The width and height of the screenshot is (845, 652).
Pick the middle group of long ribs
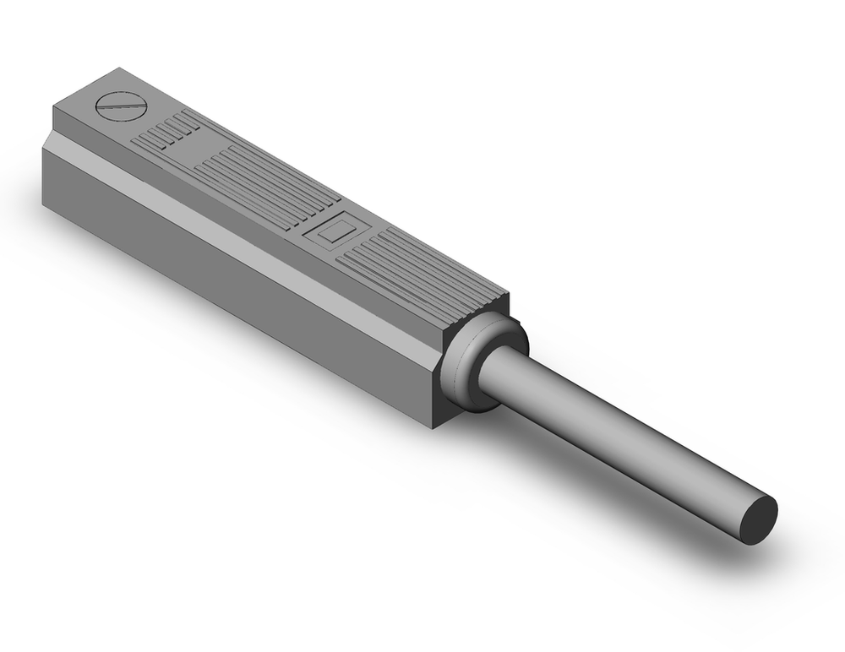pyautogui.click(x=262, y=186)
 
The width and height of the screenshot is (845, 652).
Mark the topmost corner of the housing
pyautogui.click(x=120, y=69)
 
